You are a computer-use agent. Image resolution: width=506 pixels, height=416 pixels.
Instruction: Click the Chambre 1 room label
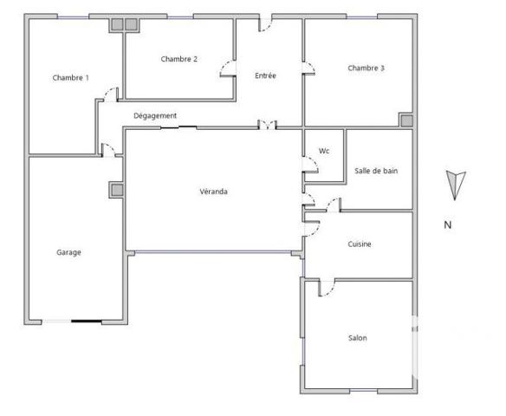point(70,78)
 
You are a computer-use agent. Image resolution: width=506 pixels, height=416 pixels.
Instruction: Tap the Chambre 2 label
point(179,59)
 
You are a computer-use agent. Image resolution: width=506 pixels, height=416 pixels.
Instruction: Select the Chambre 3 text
point(366,68)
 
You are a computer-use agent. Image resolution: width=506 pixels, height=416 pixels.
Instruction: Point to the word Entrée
point(265,76)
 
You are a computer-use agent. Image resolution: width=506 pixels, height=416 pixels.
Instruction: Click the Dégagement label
point(155,116)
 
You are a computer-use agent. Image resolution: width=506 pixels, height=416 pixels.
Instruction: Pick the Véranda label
point(213,192)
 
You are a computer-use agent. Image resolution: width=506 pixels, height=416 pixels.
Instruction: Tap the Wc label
point(324,151)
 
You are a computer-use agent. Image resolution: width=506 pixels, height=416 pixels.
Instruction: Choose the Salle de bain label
point(376,171)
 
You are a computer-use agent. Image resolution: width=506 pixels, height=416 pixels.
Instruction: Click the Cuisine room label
point(359,244)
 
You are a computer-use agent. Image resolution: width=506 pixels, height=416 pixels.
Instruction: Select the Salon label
point(358,338)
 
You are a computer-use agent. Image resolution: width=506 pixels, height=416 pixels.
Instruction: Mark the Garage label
point(69,253)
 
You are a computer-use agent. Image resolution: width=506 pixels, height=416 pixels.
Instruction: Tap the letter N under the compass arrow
point(448,225)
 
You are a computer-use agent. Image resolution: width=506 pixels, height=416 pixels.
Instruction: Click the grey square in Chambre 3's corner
point(405,120)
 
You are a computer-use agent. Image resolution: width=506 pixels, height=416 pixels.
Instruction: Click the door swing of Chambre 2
point(227,68)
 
